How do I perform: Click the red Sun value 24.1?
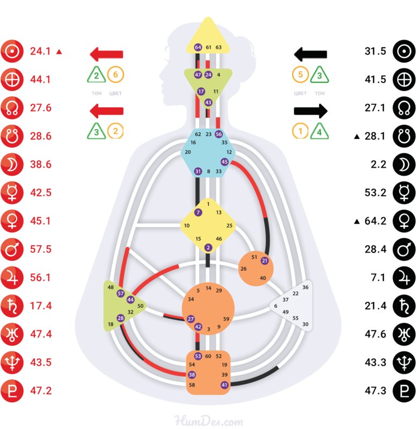(40, 51)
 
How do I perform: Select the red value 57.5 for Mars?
(41, 249)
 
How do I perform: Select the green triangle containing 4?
(319, 130)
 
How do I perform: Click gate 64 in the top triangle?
(198, 47)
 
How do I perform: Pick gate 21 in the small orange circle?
(265, 261)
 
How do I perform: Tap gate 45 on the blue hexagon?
(224, 161)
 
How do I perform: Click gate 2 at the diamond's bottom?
(208, 247)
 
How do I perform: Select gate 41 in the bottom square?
(224, 384)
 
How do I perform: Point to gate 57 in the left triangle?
(121, 294)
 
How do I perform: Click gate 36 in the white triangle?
(305, 287)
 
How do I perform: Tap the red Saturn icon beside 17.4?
(11, 305)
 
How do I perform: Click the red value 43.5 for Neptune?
(41, 362)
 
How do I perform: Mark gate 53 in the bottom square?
(198, 356)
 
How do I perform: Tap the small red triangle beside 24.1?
(60, 52)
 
